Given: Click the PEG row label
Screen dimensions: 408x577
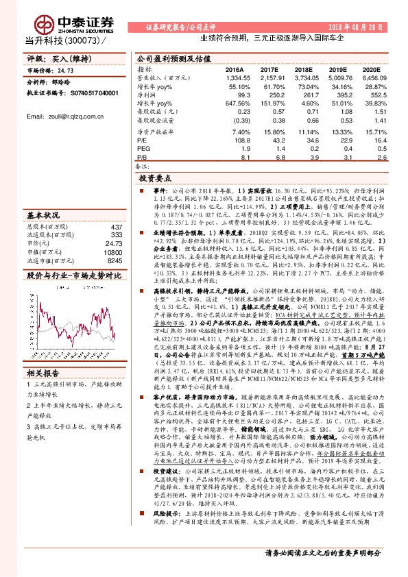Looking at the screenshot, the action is pyautogui.click(x=143, y=147).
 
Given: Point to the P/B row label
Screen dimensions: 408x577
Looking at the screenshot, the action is pyautogui.click(x=143, y=156).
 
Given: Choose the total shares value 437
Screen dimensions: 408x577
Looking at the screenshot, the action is pyautogui.click(x=116, y=227).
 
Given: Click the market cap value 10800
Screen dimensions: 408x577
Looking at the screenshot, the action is pyautogui.click(x=112, y=252).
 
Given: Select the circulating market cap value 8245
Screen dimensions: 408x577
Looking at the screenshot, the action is pyautogui.click(x=114, y=260).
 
